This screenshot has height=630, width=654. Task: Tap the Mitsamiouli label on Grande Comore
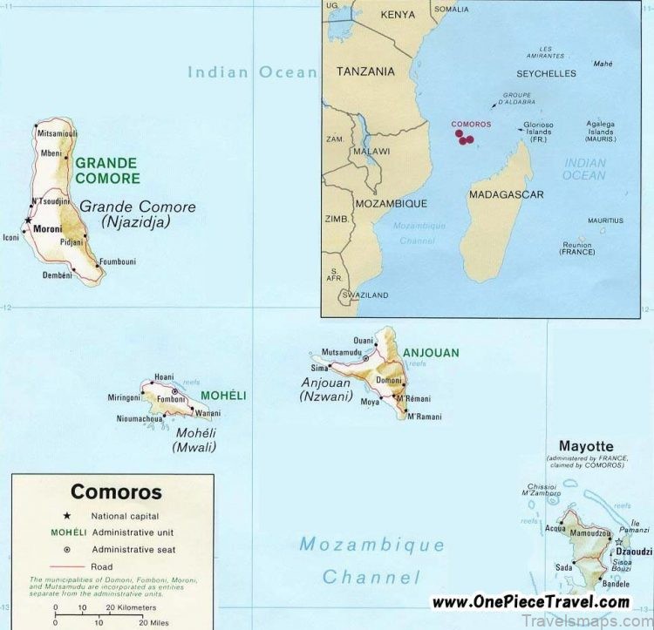pyautogui.click(x=58, y=133)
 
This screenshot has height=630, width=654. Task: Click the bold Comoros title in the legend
pyautogui.click(x=116, y=491)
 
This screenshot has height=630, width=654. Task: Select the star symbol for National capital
pyautogui.click(x=67, y=516)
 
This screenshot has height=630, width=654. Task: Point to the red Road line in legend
pyautogui.click(x=67, y=566)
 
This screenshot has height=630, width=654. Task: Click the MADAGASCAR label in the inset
pyautogui.click(x=506, y=194)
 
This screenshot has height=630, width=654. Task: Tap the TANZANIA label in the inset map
pyautogui.click(x=365, y=71)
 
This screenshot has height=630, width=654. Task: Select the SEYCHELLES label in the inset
pyautogui.click(x=546, y=73)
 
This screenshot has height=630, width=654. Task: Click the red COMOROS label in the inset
pyautogui.click(x=470, y=124)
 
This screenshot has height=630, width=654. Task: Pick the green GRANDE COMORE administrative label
pyautogui.click(x=106, y=170)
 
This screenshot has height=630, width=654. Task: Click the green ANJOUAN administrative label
pyautogui.click(x=431, y=353)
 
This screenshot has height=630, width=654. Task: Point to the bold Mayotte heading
pyautogui.click(x=586, y=446)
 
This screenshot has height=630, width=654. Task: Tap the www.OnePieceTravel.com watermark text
pyautogui.click(x=530, y=601)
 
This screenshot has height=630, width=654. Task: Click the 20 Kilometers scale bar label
pyautogui.click(x=132, y=606)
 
